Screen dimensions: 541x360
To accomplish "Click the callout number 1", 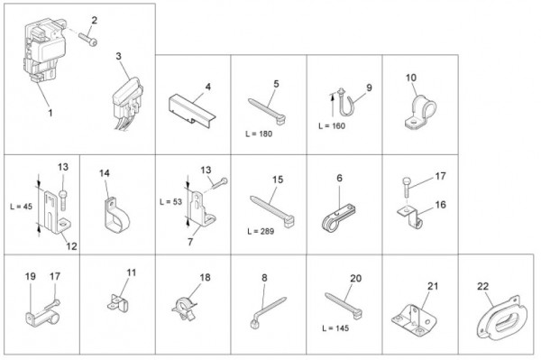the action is pyautogui.click(x=50, y=113).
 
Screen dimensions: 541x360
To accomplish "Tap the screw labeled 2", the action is pyautogui.click(x=88, y=39).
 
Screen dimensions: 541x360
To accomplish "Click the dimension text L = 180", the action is pyautogui.click(x=259, y=134).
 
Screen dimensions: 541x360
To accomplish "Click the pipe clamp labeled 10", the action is pyautogui.click(x=420, y=112).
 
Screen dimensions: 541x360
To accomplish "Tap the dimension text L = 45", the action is pyautogui.click(x=21, y=207).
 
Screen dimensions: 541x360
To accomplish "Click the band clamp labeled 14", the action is pyautogui.click(x=116, y=216).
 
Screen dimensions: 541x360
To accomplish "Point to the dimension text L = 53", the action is pyautogui.click(x=170, y=202).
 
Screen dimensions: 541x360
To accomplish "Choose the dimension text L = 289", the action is pyautogui.click(x=261, y=232).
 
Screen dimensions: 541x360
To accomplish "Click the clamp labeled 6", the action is pyautogui.click(x=339, y=217).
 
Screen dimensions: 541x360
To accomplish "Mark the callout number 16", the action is pyautogui.click(x=440, y=205).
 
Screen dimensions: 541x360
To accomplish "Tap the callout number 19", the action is pyautogui.click(x=31, y=276).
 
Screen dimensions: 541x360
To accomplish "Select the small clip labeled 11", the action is pyautogui.click(x=117, y=303).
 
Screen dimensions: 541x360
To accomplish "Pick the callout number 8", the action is pyautogui.click(x=264, y=278).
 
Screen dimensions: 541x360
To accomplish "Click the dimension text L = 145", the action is pyautogui.click(x=335, y=328).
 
